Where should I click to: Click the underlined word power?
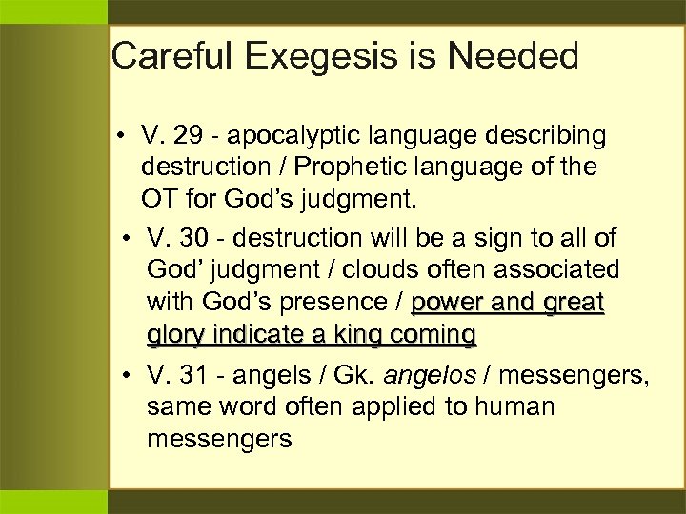(446, 302)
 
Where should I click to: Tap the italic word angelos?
(432, 376)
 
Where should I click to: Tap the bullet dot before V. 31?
(127, 376)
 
